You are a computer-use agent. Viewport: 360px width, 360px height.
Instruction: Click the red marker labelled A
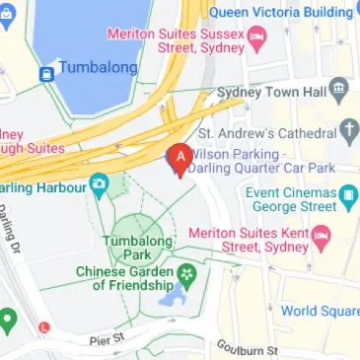point(180,158)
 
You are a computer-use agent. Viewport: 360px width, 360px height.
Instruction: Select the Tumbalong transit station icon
point(47,72)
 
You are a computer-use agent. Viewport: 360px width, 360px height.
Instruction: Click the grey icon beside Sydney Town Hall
point(340,91)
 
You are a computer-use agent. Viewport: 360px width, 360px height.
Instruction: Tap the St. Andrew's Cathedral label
point(264,131)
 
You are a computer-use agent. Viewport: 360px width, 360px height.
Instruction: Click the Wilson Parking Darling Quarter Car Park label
point(243,162)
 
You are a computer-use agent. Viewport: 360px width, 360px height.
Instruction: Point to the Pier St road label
point(105,338)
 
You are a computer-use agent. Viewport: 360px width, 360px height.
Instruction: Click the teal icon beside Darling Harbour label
point(99,184)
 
